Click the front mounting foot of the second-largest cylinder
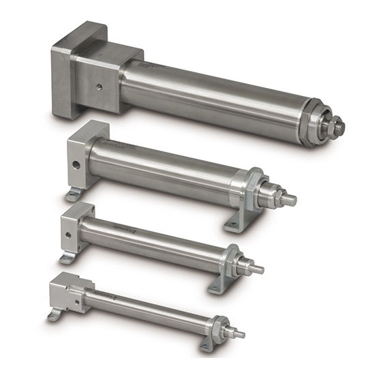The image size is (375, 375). tap(234, 223)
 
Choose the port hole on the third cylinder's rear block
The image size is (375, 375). tap(68, 234)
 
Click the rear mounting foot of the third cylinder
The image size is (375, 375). tap(67, 258)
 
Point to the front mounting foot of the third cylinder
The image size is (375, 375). tap(217, 286)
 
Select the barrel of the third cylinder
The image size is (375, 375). tap(157, 239)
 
